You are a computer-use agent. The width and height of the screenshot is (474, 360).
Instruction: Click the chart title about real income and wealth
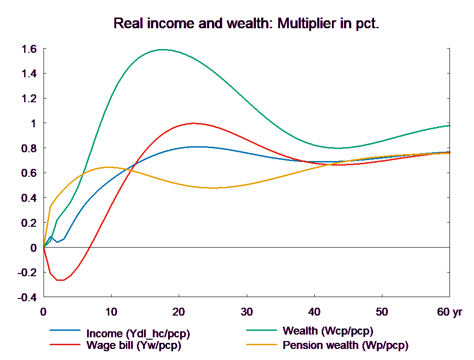pyautogui.click(x=246, y=24)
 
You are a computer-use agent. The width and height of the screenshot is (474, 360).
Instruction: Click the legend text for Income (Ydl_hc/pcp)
pyautogui.click(x=138, y=334)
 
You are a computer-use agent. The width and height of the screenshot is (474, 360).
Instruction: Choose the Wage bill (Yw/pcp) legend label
pyautogui.click(x=133, y=345)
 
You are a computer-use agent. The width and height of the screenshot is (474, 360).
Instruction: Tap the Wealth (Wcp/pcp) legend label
pyautogui.click(x=327, y=331)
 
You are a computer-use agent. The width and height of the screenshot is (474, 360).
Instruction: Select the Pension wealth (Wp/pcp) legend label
pyautogui.click(x=345, y=345)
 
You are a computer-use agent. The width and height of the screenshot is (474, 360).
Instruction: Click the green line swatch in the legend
pyautogui.click(x=262, y=330)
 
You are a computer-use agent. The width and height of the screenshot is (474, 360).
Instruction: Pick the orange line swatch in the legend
pyautogui.click(x=262, y=345)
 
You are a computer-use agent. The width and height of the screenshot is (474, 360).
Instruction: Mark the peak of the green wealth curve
pyautogui.click(x=163, y=49)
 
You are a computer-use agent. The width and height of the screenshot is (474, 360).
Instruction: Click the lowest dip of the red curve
pyautogui.click(x=60, y=280)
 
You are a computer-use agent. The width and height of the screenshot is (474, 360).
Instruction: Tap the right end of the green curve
pyautogui.click(x=450, y=125)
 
